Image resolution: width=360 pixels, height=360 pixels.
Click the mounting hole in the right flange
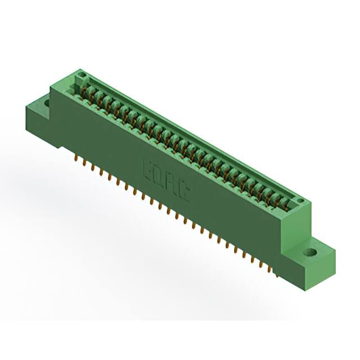[x=310, y=252]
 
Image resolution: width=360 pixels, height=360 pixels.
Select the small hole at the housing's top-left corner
[x=82, y=75]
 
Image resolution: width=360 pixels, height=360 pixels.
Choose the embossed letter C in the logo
[x=183, y=193]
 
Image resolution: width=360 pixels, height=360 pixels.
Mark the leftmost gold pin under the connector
[x=75, y=157]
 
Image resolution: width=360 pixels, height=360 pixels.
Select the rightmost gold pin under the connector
[x=276, y=274]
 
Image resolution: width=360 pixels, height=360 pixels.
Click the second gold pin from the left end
[x=83, y=163]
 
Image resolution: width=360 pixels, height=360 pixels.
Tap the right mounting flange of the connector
[x=314, y=256]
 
